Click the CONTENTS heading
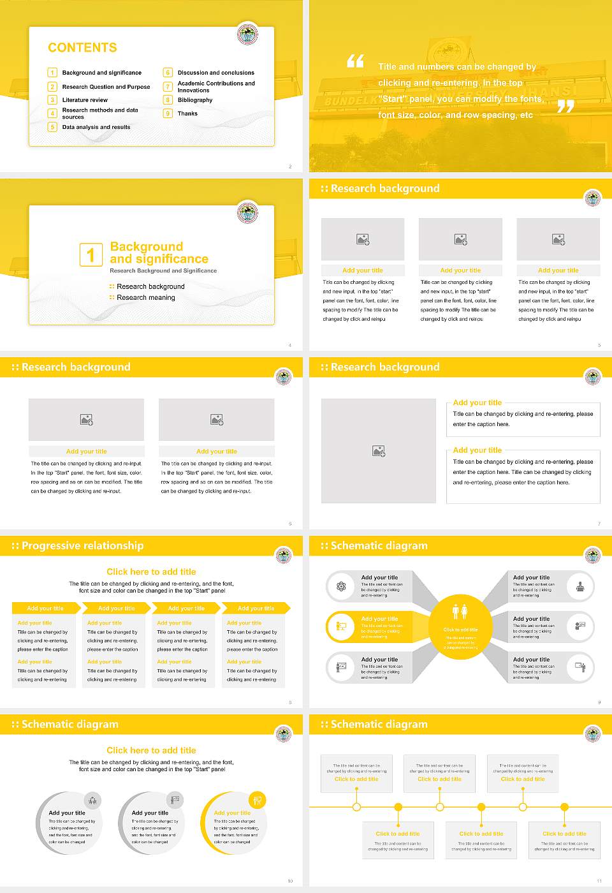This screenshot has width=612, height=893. coord(82,48)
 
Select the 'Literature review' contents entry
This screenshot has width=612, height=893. coord(85,100)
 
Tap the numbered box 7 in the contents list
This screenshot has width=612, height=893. coord(168,87)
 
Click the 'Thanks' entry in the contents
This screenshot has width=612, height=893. coord(187,114)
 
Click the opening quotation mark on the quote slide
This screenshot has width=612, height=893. coord(355,61)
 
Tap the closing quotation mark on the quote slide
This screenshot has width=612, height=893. coord(565,106)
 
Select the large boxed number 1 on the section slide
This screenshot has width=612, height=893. coord(91,255)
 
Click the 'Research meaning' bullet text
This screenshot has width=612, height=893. coord(145,298)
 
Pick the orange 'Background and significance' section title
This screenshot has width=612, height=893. coord(159,253)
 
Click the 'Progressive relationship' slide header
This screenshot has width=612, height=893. coord(82,546)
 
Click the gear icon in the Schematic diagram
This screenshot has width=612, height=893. coord(341,586)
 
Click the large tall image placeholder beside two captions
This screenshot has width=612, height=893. coord(379,451)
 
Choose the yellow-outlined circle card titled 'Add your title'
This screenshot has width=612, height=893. coord(233,823)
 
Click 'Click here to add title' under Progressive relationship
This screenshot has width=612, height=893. coord(151,572)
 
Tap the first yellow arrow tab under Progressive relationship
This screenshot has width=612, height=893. coord(45,609)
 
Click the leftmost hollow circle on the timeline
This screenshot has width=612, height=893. coord(356,807)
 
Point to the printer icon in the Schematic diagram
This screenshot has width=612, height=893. coord(579,586)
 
